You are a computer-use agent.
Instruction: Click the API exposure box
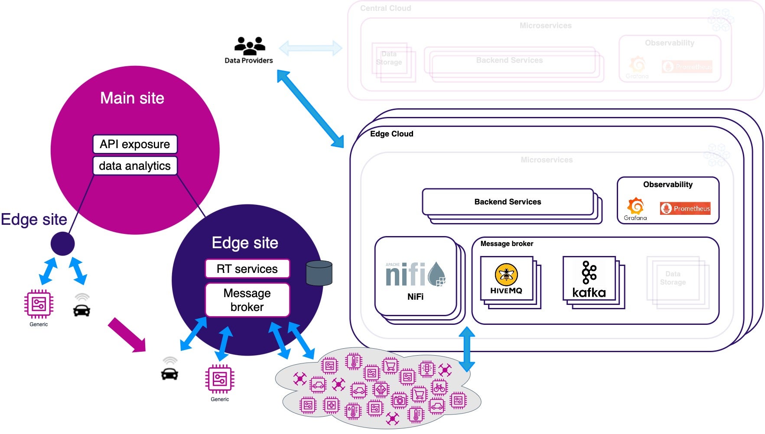(x=135, y=144)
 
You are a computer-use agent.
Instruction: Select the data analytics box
(x=135, y=166)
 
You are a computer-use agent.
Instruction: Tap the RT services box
(x=247, y=269)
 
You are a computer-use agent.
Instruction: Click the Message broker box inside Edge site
(x=247, y=300)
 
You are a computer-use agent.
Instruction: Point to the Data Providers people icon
(x=250, y=46)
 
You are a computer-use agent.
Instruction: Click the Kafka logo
(x=589, y=280)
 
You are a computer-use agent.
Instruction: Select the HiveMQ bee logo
(x=506, y=275)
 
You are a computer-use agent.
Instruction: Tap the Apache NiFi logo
(x=415, y=275)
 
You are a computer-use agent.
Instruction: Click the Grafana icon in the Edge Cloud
(x=636, y=207)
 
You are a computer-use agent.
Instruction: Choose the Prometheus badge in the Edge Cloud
(x=685, y=208)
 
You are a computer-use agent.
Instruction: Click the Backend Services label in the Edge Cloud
(x=508, y=202)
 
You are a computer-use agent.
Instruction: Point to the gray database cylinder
(x=319, y=273)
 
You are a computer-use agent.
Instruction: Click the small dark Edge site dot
(x=62, y=243)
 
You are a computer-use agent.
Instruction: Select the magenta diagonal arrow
(x=127, y=335)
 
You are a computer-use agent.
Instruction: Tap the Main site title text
(x=132, y=98)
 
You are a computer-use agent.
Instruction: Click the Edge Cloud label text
(x=391, y=134)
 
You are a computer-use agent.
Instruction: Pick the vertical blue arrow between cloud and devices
(x=467, y=349)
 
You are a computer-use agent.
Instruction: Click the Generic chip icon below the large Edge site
(x=219, y=379)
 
